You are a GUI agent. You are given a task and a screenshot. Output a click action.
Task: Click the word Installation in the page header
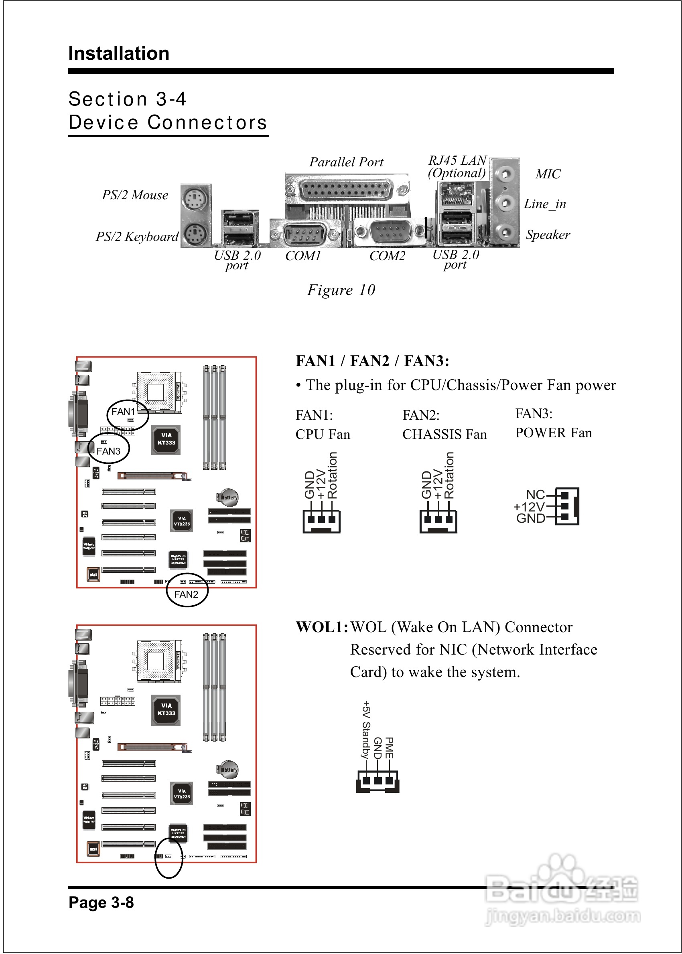(x=119, y=54)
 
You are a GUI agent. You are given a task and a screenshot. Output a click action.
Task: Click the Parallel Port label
(x=346, y=162)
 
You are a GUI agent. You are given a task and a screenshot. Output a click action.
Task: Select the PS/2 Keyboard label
(x=137, y=236)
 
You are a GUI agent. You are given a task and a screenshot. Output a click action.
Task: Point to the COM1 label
(x=303, y=256)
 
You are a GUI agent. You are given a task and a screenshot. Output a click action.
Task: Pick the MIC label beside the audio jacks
(x=548, y=174)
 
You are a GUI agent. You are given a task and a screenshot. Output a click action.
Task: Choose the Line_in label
(x=545, y=204)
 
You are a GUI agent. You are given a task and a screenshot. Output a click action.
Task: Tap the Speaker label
(x=548, y=234)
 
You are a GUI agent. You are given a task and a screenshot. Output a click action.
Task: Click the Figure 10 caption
(x=341, y=290)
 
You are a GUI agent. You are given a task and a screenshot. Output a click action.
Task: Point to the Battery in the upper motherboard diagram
(x=228, y=497)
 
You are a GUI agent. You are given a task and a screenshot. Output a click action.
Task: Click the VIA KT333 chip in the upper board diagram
(x=166, y=439)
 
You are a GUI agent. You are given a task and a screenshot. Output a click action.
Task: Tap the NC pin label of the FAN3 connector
(x=535, y=495)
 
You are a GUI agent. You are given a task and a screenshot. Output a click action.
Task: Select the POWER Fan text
(x=554, y=433)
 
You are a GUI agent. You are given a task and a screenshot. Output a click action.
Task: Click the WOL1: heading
(x=322, y=627)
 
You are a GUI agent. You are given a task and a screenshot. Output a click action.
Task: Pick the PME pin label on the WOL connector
(x=389, y=748)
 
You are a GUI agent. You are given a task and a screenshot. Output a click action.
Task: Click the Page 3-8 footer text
(x=101, y=902)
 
